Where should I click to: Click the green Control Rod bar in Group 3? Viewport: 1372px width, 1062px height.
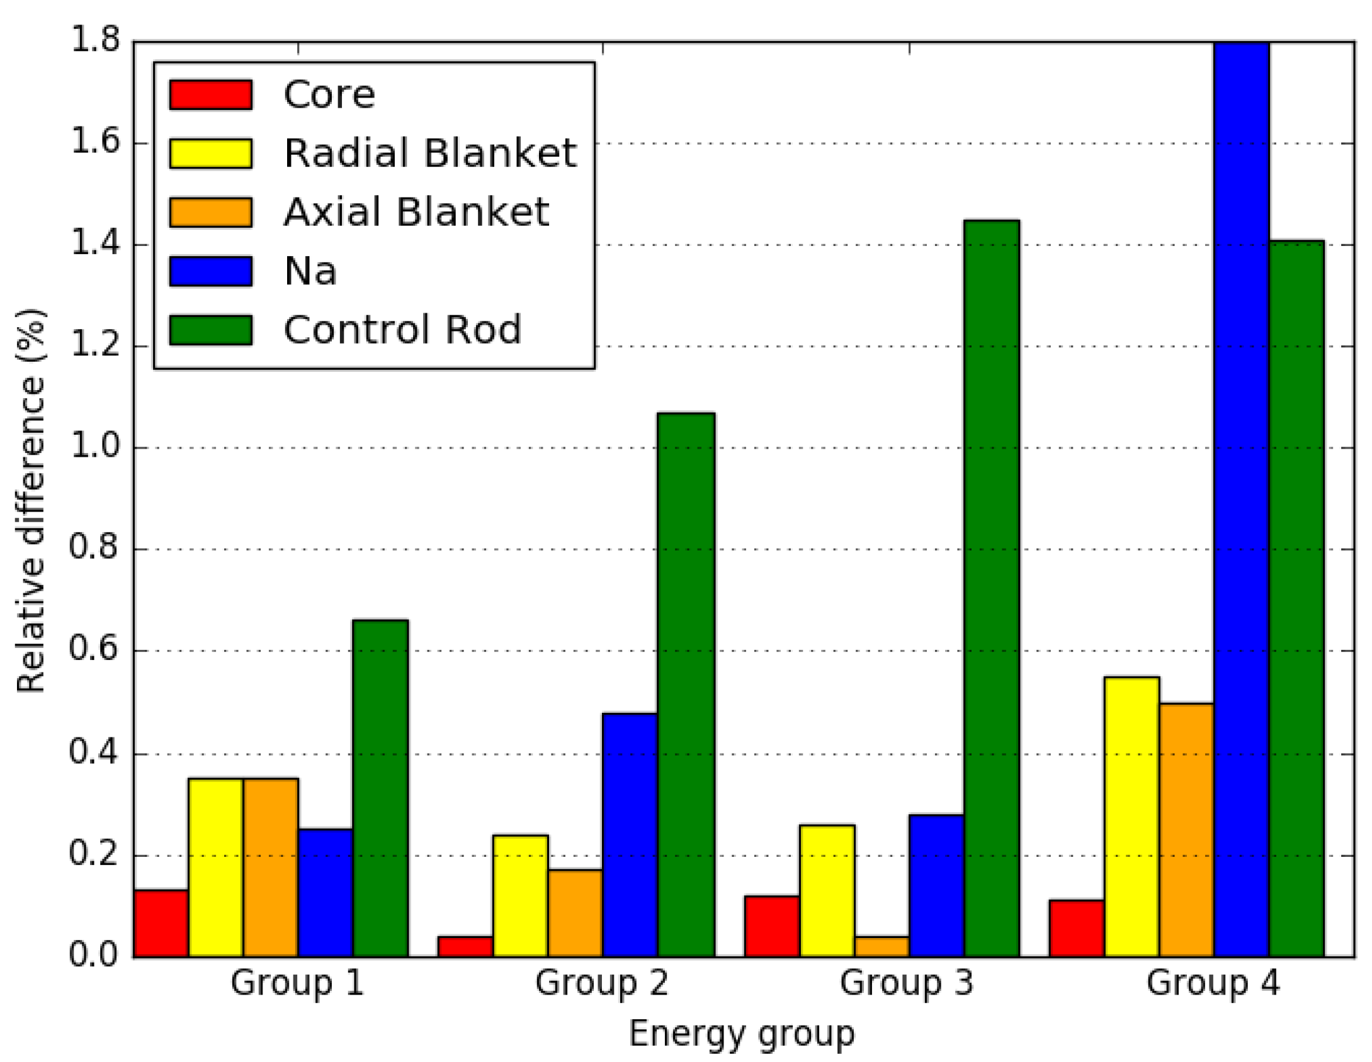coord(991,588)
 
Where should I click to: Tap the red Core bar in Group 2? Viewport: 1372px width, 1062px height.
coord(465,946)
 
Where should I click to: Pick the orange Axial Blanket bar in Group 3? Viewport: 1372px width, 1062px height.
coord(882,946)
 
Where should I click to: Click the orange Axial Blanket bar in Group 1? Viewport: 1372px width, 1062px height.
coord(271,868)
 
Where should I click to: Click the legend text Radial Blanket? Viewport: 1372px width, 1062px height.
coord(430,153)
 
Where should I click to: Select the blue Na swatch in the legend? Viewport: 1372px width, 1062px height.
coord(210,271)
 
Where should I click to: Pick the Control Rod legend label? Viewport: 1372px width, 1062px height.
coord(402,330)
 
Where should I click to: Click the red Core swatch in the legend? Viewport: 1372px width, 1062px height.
coord(210,95)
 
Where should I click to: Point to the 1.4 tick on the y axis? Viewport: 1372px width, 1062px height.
coord(94,244)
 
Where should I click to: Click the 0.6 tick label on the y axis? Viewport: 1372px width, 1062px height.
coord(94,650)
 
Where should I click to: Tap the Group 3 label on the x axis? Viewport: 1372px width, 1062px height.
coord(906,983)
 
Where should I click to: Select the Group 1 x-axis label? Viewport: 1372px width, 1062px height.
coord(297,983)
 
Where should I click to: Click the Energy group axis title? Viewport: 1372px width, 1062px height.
coord(742,1034)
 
